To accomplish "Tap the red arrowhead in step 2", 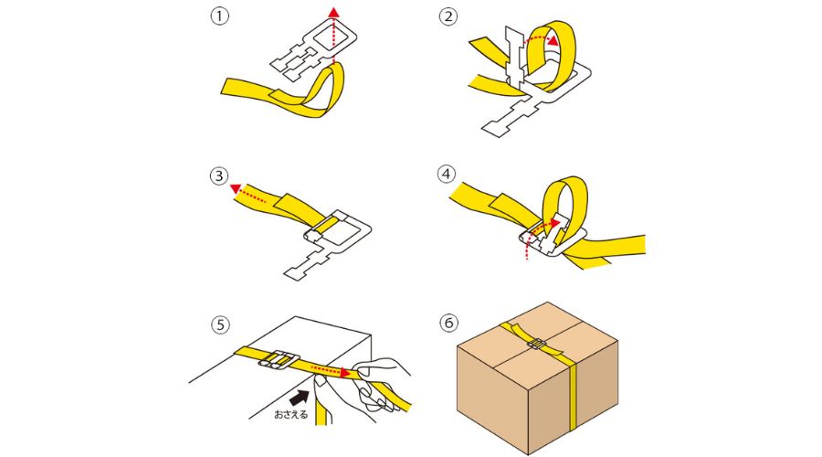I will [552, 40].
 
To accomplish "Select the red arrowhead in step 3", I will [236, 188].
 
